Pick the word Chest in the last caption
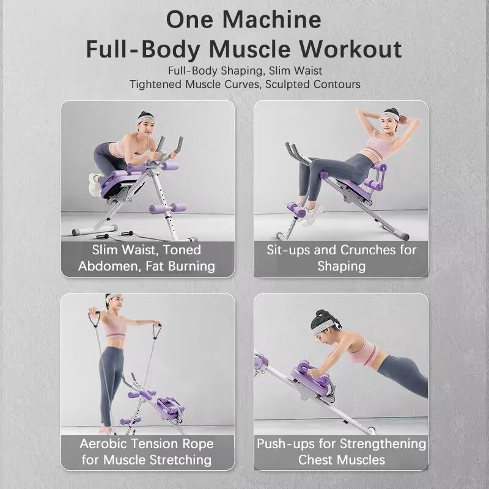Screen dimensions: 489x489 315,460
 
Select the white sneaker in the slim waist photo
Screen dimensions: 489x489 94,185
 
